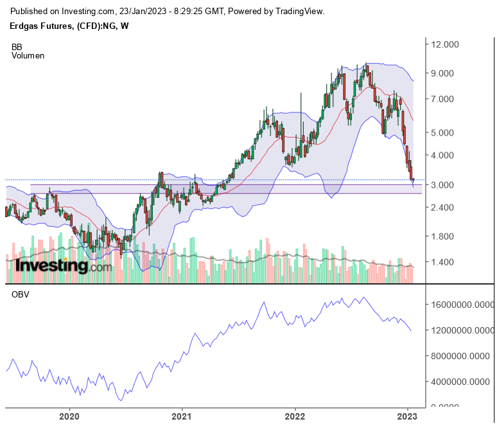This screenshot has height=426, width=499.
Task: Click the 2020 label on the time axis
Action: pyautogui.click(x=69, y=416)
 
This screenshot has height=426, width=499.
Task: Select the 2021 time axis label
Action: pyautogui.click(x=182, y=416)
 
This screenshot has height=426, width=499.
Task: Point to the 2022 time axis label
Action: pyautogui.click(x=295, y=416)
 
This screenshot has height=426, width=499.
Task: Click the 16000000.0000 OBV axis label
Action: pyautogui.click(x=462, y=306)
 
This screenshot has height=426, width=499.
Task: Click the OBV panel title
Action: pyautogui.click(x=20, y=295)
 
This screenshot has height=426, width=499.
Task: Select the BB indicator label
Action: pyautogui.click(x=17, y=47)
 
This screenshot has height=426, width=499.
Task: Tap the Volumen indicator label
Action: pyautogui.click(x=28, y=55)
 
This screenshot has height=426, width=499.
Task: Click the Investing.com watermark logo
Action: pyautogui.click(x=63, y=265)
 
